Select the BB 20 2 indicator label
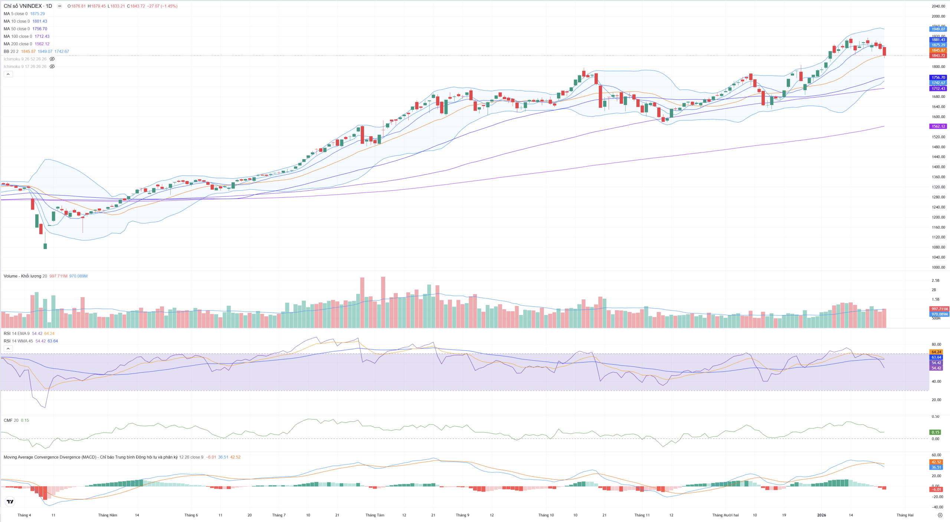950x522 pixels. tap(11, 52)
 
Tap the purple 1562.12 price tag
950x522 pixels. tap(938, 127)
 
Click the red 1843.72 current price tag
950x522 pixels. tap(938, 56)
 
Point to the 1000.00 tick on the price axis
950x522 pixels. tap(938, 267)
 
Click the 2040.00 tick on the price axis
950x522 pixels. tap(938, 6)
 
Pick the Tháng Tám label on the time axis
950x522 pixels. tap(375, 515)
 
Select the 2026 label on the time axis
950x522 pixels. tap(822, 515)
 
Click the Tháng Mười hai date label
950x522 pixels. tap(725, 515)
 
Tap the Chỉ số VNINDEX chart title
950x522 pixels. tap(27, 6)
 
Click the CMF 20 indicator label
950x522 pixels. tap(11, 420)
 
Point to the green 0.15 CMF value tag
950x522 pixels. tap(936, 432)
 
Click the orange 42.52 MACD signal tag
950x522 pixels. tap(936, 462)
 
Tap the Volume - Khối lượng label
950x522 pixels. tap(22, 276)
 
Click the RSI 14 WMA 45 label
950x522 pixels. tap(18, 341)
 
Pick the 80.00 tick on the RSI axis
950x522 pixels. tap(936, 344)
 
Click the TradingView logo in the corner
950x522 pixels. tap(10, 502)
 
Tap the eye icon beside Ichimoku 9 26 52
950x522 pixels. tap(52, 59)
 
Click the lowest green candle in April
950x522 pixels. tap(45, 246)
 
